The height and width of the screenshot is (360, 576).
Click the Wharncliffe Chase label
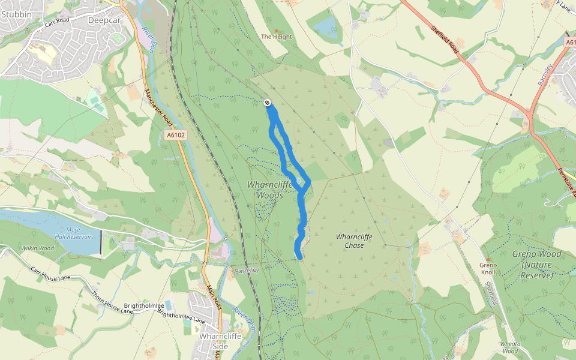coord(354,241)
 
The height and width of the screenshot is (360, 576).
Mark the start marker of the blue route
coord(267,103)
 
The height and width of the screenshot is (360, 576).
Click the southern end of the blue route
coord(299,257)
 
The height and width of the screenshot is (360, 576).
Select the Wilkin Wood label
coord(38,248)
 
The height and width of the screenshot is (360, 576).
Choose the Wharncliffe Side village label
coord(214,341)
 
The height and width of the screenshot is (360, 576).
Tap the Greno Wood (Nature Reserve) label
coord(537,265)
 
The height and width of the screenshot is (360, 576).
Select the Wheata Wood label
coord(509,347)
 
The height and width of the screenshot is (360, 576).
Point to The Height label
coord(276,37)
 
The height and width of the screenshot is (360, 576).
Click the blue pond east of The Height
coord(326,26)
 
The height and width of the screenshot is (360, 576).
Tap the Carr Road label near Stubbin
coord(58,24)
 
